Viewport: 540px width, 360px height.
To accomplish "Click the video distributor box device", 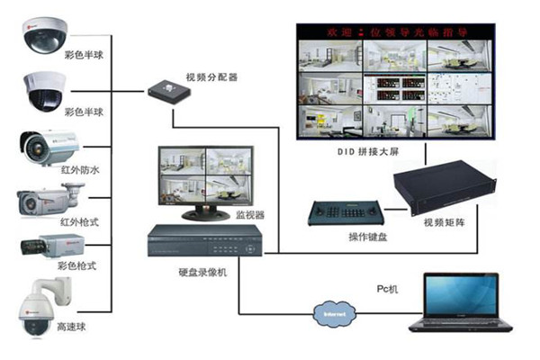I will [x=165, y=89].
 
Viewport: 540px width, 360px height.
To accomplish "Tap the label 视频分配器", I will [x=212, y=77].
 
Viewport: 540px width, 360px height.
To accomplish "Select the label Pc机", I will [x=387, y=291].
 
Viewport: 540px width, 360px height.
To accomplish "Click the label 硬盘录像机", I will [x=202, y=271].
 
